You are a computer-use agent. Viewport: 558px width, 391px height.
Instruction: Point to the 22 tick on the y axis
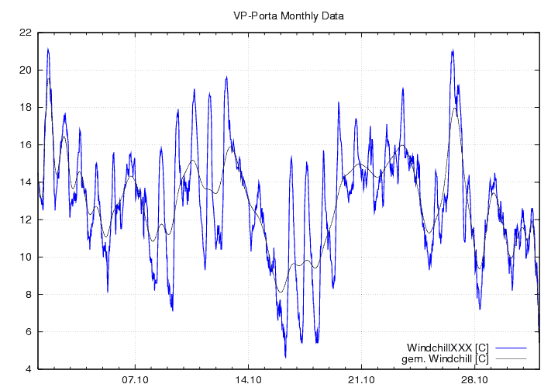(26, 33)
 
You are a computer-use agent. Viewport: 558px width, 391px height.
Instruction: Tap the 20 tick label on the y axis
(26, 70)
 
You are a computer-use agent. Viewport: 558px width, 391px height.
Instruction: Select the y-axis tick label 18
(26, 107)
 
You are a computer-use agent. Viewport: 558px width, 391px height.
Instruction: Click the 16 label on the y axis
(26, 144)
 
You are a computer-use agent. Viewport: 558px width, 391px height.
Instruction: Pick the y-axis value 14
(26, 182)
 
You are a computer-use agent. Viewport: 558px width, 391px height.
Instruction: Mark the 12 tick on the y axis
(26, 220)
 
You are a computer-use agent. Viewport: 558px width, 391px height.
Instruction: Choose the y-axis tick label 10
(26, 257)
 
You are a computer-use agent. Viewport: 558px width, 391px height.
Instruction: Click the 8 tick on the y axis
(28, 294)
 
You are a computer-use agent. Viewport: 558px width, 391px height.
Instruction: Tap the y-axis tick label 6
(28, 331)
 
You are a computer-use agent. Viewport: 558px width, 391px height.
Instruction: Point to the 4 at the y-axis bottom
(28, 369)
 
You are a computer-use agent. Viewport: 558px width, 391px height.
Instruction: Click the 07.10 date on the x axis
(135, 380)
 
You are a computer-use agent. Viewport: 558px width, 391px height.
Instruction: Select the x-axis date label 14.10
(248, 380)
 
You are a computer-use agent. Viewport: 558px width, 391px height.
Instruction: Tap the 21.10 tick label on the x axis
(361, 380)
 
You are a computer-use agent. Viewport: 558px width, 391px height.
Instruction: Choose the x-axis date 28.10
(474, 380)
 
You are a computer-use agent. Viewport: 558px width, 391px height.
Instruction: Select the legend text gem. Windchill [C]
(444, 358)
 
